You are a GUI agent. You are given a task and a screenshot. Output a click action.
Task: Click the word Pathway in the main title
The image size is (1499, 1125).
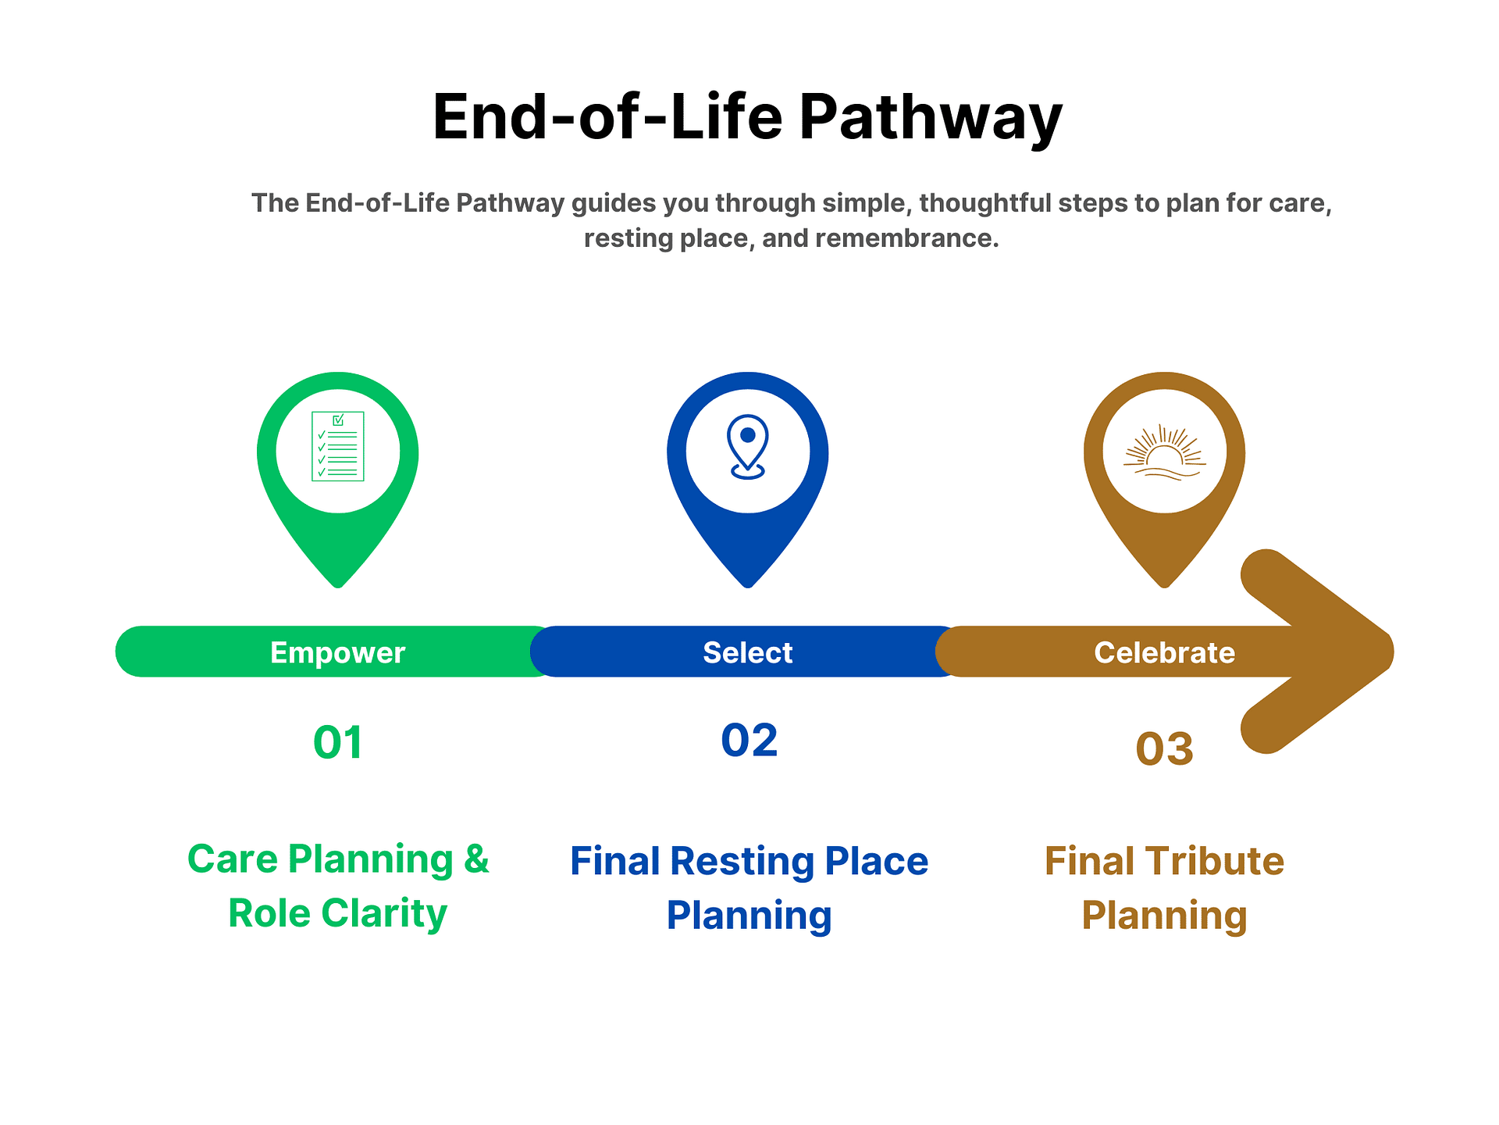[930, 117]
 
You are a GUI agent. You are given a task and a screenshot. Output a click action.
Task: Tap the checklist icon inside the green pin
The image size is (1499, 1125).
[337, 446]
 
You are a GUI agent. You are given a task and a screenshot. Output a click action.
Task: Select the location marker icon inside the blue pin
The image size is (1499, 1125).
[747, 446]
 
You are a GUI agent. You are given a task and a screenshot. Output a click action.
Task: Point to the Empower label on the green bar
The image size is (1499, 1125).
[337, 652]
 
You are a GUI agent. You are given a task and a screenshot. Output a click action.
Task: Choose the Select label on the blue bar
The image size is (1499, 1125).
[747, 652]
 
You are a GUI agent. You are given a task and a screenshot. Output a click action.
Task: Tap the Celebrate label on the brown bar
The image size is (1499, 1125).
[1164, 652]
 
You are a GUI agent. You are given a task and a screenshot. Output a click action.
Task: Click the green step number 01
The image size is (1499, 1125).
[337, 742]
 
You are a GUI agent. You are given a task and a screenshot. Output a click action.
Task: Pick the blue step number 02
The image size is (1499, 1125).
[749, 740]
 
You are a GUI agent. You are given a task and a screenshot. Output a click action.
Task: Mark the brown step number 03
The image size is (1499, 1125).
[1164, 748]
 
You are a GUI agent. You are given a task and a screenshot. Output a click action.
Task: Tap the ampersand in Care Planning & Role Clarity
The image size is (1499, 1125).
[476, 859]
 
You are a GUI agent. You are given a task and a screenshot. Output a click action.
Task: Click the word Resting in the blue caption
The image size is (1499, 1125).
[742, 861]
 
